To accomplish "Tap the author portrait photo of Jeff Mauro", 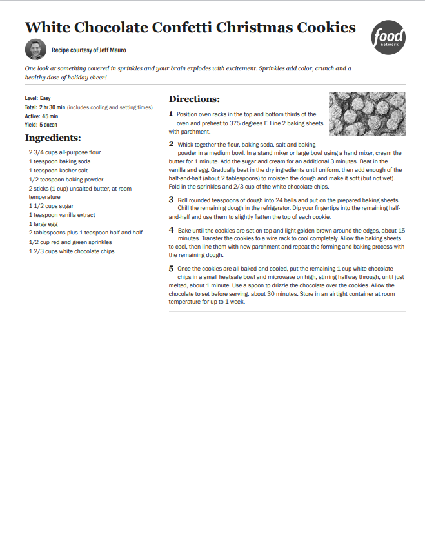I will (x=35, y=49).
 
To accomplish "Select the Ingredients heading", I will (x=53, y=138).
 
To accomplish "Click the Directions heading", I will (x=194, y=99).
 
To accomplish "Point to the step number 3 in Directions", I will (x=172, y=200).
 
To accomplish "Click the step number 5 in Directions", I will (x=172, y=268).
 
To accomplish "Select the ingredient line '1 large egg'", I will (x=43, y=223).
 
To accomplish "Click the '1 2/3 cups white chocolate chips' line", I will (x=72, y=251).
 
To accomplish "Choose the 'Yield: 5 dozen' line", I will (x=41, y=124).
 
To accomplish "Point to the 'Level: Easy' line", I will (x=37, y=98).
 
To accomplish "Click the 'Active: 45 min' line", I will (x=41, y=116).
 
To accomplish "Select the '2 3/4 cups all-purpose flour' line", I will (x=64, y=152).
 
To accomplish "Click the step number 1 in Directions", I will (x=171, y=114).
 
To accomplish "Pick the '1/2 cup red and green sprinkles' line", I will (x=70, y=242).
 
